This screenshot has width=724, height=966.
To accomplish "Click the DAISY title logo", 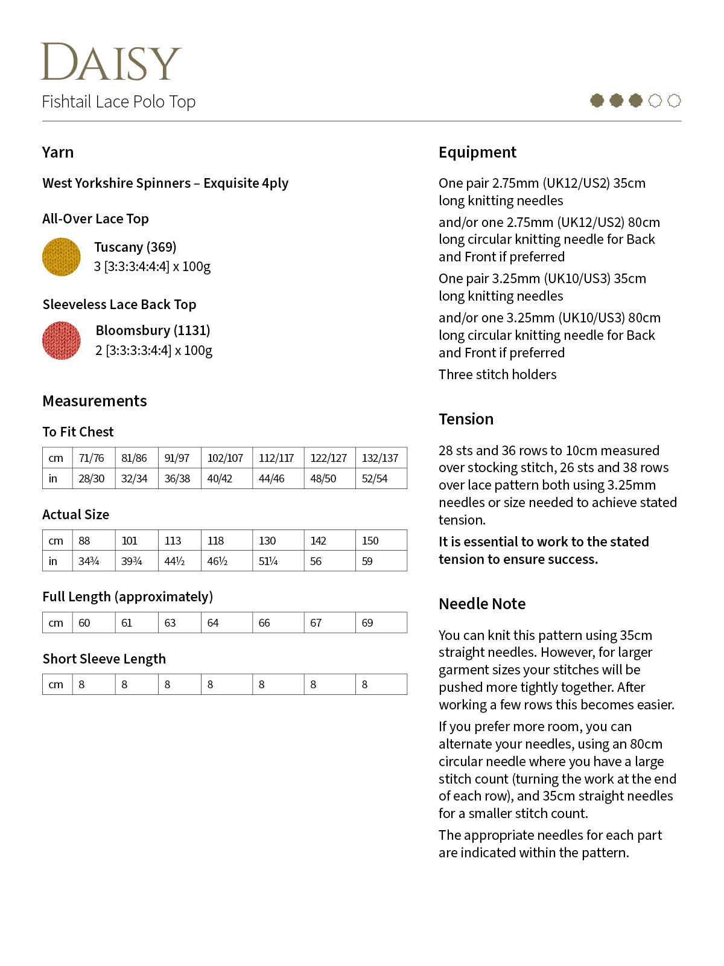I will pyautogui.click(x=111, y=62).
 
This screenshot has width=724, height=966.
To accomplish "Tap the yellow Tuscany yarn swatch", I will pyautogui.click(x=62, y=257).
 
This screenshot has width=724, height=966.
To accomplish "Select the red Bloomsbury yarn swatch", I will pyautogui.click(x=62, y=341).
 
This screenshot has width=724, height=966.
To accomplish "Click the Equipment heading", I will pyautogui.click(x=477, y=152).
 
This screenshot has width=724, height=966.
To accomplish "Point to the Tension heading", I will pyautogui.click(x=466, y=419).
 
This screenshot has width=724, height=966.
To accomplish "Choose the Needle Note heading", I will pyautogui.click(x=482, y=604).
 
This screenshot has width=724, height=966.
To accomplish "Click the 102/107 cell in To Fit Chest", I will pyautogui.click(x=225, y=458).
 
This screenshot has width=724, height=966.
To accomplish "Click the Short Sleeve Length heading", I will pyautogui.click(x=104, y=659).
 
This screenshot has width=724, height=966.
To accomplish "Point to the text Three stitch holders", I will pyautogui.click(x=497, y=374).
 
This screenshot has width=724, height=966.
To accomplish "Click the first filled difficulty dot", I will pyautogui.click(x=597, y=101).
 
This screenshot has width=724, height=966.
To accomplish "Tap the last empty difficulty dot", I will pyautogui.click(x=675, y=101).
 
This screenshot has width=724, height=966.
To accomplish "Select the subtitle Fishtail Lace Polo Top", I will pyautogui.click(x=119, y=101).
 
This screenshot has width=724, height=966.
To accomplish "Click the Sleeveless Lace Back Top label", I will pyautogui.click(x=119, y=304).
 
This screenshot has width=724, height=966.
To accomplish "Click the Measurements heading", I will pyautogui.click(x=95, y=401).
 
